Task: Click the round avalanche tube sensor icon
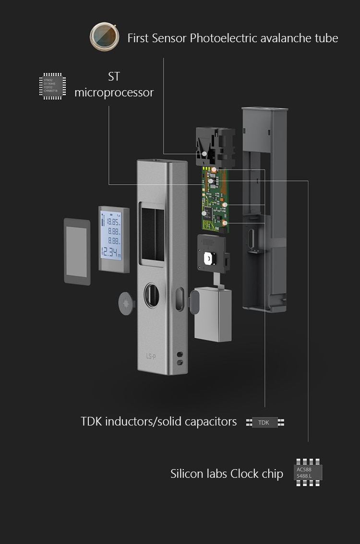point(105,36)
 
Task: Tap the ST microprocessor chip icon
point(52,86)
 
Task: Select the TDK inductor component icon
point(265,423)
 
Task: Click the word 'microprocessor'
point(114,92)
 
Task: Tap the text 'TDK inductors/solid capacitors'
point(158,422)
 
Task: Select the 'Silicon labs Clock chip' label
point(227,474)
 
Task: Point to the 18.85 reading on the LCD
point(112,222)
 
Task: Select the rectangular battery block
point(213,314)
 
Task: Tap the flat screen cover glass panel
point(77,251)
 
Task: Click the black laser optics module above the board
point(215,145)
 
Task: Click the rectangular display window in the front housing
point(152,234)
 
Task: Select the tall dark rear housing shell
point(264,206)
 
